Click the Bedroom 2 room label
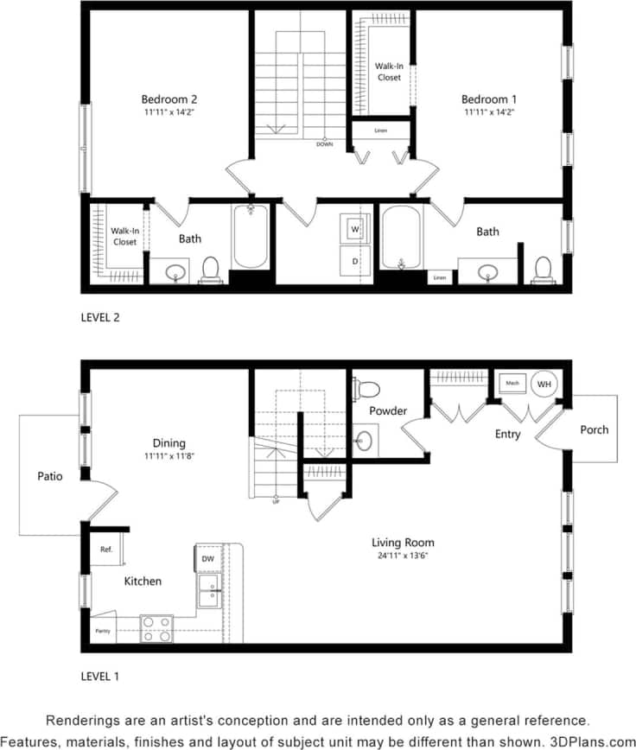(x=169, y=99)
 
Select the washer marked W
(x=355, y=229)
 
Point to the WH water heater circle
(x=544, y=383)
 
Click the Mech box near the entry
(x=512, y=383)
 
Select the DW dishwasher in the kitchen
(x=207, y=559)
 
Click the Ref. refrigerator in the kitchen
(x=106, y=549)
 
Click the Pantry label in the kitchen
(x=102, y=632)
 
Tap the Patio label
(x=49, y=476)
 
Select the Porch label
(x=594, y=429)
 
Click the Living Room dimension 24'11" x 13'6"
(x=400, y=556)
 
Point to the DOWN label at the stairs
(x=324, y=144)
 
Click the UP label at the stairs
(x=276, y=501)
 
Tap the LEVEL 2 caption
(x=100, y=317)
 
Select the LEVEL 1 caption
(x=100, y=675)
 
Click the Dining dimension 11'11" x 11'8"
(x=169, y=455)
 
